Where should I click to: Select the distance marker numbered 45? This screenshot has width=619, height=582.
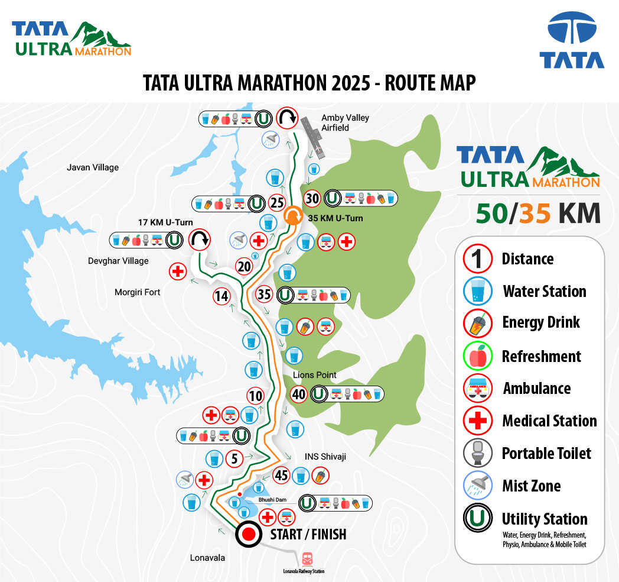tap(282, 475)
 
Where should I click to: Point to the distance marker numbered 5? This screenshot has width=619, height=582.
tap(234, 458)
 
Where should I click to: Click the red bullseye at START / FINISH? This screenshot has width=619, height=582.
tap(249, 535)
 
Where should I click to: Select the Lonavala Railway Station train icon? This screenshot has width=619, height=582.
tap(307, 558)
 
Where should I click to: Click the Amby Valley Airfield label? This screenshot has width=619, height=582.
tap(345, 122)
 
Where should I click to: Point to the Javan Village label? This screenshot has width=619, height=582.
tap(93, 167)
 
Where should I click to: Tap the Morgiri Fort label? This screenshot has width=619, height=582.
tap(138, 292)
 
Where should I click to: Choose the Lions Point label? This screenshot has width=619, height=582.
tap(315, 375)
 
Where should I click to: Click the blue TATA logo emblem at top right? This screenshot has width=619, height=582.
tap(571, 30)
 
